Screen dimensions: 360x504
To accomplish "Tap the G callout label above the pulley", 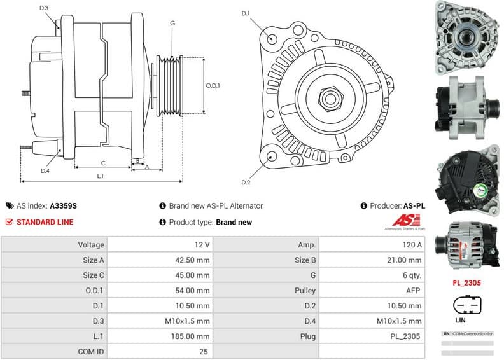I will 172,24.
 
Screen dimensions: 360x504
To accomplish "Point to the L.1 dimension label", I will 101,176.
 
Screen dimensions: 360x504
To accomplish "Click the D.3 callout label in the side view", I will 43,8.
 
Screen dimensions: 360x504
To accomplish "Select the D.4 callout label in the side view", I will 45,170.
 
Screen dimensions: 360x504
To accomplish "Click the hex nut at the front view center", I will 330,99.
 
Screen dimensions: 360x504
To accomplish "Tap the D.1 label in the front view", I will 246,13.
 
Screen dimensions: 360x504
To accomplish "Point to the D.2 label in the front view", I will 246,183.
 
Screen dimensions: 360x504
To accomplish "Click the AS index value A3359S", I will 64,205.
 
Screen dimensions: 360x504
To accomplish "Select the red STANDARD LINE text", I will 45,222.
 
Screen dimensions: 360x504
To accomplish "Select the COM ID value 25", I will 204,351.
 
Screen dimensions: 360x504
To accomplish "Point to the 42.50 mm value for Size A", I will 193,260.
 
